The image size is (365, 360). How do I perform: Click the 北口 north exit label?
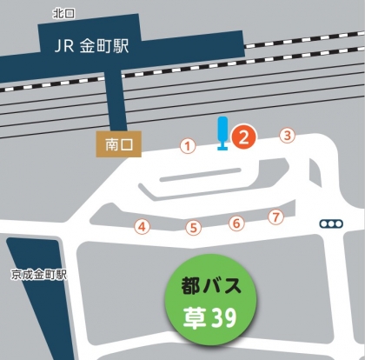pos(64,12)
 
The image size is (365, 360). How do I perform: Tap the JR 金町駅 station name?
pos(90,45)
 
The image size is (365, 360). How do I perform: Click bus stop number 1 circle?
pos(186,146)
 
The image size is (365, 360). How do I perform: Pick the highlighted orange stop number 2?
pos(245,137)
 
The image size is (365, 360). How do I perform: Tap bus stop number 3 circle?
pos(287,135)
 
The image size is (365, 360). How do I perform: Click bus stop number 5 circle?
pos(195,228)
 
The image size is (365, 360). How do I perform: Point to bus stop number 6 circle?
pos(236,223)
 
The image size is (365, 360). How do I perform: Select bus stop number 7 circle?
pos(276,217)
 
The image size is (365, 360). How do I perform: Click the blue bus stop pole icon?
pos(222,133)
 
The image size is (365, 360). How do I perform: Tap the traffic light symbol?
pos(331,223)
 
